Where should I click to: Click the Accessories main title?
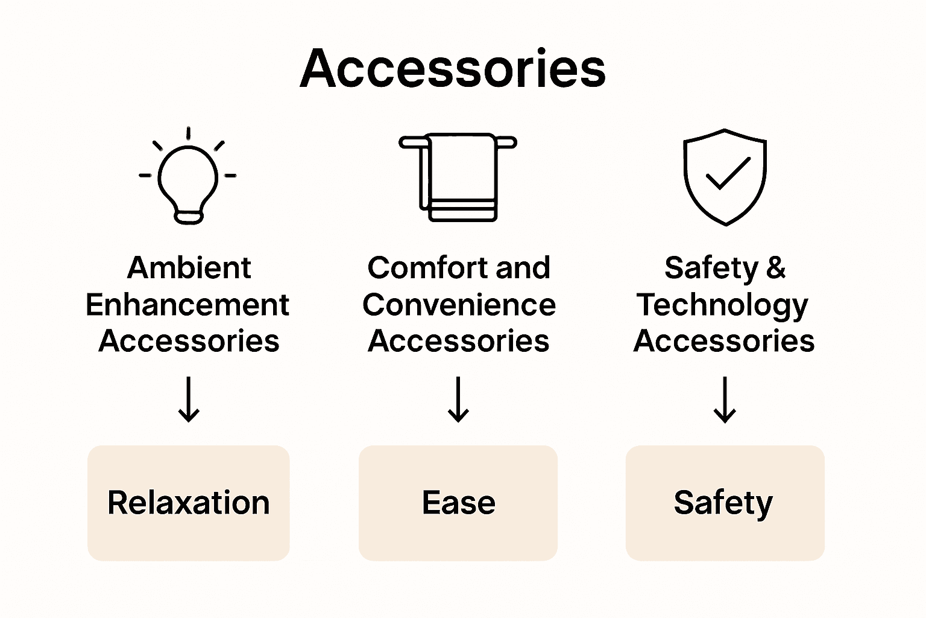point(453,69)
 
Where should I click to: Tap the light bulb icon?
point(188,177)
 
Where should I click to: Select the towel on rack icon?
point(458,176)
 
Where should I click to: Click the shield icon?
point(725,176)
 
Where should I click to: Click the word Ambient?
point(189,268)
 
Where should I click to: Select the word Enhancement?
point(187,305)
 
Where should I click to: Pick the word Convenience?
point(459,305)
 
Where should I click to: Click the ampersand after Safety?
point(776,268)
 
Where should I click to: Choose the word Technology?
point(722,305)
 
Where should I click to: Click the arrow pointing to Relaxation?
point(189,399)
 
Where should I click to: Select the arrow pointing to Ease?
point(458,399)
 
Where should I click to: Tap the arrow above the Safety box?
point(725,399)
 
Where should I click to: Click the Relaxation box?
point(189,503)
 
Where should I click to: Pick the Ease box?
point(458,503)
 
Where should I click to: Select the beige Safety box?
point(725,503)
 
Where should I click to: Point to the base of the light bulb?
point(189,216)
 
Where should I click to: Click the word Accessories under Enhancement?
point(189,341)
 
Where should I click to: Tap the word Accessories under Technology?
point(724,341)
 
